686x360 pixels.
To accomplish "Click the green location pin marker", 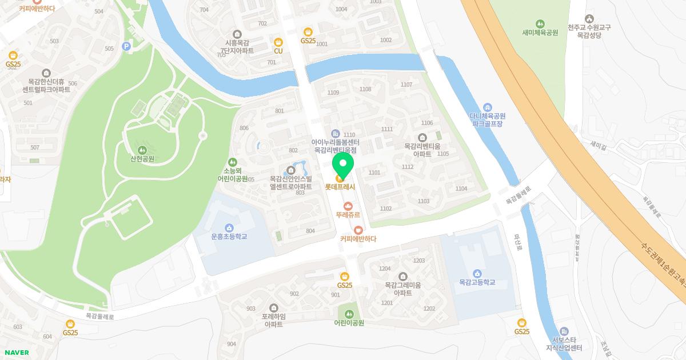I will click(x=343, y=165).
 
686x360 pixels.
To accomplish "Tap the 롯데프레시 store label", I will click(x=340, y=187).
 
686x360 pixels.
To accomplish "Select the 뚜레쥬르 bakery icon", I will click(x=348, y=206).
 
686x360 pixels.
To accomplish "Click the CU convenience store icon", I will click(x=278, y=42).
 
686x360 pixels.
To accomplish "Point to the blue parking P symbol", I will click(x=126, y=46).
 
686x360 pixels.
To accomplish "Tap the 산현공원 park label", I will click(x=142, y=159).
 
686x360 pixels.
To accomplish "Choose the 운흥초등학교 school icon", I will click(x=229, y=227).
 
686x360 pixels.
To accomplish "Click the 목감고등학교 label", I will click(x=477, y=282).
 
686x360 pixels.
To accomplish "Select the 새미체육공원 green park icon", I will click(x=539, y=23).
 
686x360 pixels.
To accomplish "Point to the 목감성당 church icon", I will click(x=589, y=18).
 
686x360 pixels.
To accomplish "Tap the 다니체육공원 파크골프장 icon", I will click(x=487, y=107).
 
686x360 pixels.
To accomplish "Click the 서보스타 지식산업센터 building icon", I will click(x=564, y=331).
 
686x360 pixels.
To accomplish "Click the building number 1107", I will click(x=406, y=85).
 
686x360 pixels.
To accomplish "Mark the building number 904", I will click(x=231, y=344).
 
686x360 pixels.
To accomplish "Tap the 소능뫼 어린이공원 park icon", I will click(x=232, y=162).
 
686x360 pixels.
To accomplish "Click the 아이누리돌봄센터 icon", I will click(x=335, y=133).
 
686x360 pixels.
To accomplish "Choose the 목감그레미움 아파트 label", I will click(x=402, y=289).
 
